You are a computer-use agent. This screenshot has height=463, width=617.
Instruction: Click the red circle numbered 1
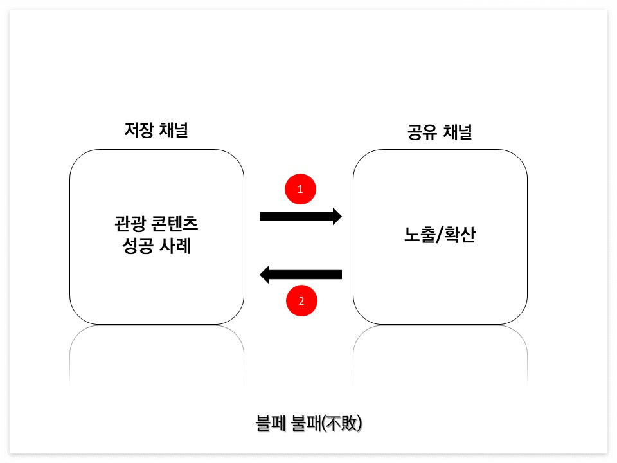300,190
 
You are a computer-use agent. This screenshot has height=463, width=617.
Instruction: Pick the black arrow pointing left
301,275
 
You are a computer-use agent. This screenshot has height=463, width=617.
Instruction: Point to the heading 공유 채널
440,133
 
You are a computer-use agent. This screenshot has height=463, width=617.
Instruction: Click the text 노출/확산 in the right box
440,236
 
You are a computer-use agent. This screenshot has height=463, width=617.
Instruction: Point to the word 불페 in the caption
270,424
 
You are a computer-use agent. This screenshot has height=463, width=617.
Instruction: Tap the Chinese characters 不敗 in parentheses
344,424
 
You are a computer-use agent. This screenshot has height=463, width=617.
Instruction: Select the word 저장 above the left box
138,130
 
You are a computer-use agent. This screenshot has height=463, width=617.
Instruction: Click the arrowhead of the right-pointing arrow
336,216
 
